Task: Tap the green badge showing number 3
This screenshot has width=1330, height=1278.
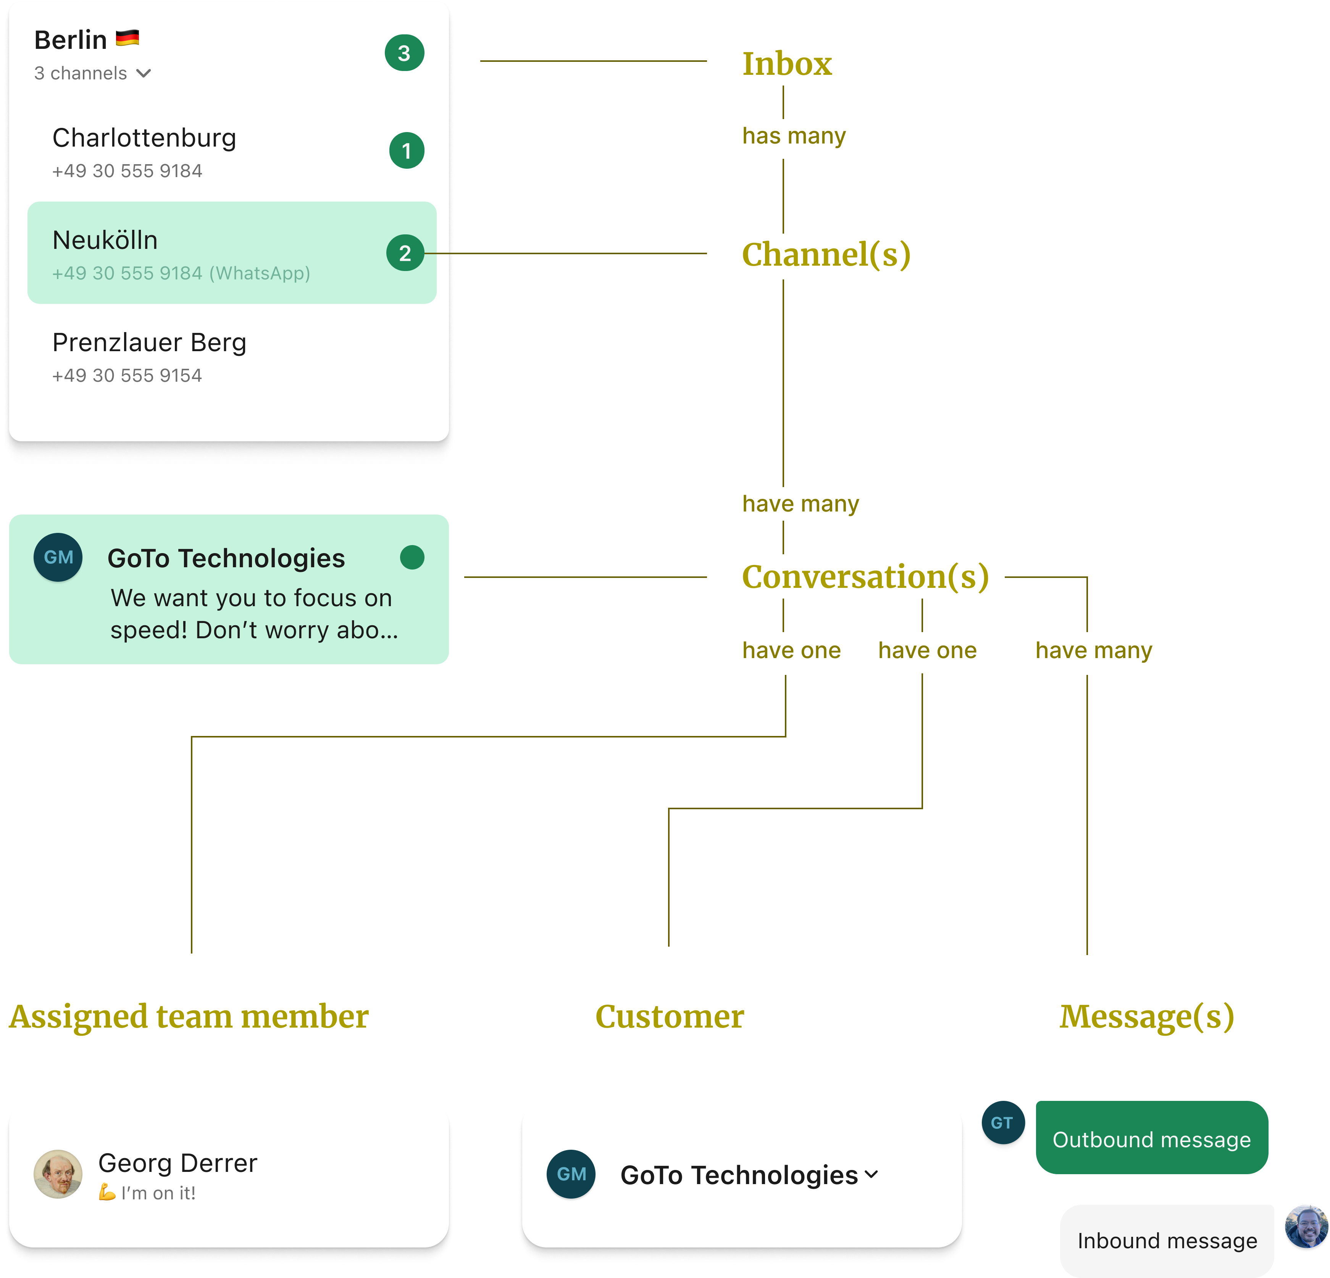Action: [404, 53]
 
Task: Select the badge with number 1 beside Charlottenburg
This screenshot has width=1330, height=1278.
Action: [407, 151]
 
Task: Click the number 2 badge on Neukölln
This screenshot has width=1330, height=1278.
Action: [405, 253]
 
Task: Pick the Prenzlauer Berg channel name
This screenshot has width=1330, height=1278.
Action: [149, 343]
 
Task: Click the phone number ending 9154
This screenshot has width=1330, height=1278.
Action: [127, 375]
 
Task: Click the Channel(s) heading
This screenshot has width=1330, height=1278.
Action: [826, 255]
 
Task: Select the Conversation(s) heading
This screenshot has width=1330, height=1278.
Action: [865, 577]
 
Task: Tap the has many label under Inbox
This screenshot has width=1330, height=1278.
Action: [794, 136]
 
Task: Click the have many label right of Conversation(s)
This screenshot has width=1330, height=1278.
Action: [1093, 650]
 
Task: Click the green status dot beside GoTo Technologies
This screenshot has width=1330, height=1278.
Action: [412, 557]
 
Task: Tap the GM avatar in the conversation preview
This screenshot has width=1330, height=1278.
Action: [58, 557]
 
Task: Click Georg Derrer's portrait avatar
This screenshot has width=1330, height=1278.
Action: [58, 1173]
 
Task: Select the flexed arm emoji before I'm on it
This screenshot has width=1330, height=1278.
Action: [107, 1192]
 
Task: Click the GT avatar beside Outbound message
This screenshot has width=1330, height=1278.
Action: [1002, 1123]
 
